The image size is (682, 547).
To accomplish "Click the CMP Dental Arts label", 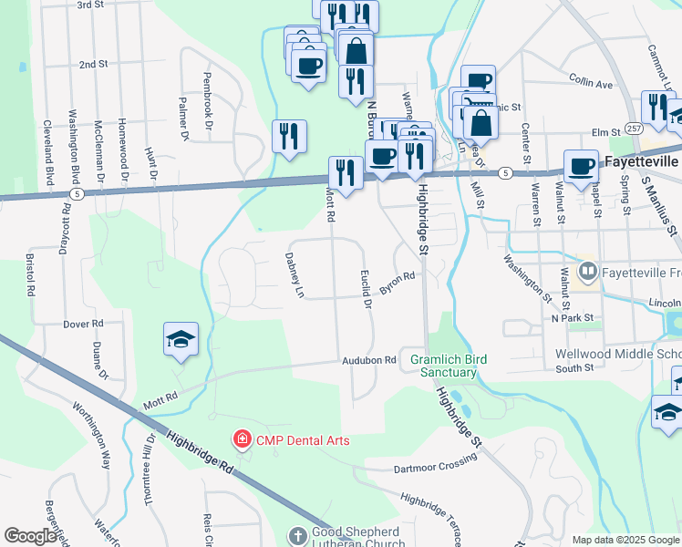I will click(302, 440).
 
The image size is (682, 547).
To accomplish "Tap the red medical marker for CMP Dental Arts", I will click(243, 440).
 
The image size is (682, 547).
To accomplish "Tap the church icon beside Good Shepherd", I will click(298, 534).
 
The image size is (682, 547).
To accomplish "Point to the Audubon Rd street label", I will click(369, 360).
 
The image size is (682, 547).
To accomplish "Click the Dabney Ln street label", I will click(293, 275).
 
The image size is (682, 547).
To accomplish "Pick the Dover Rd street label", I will click(84, 324).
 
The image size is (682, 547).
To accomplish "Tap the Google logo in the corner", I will click(30, 536).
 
